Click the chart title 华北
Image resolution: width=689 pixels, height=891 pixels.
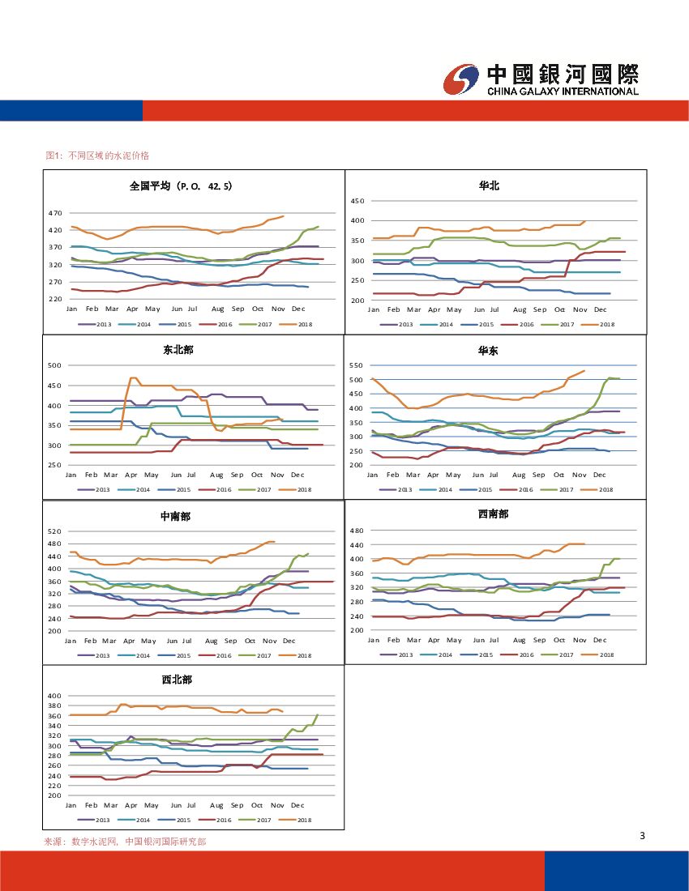(x=489, y=185)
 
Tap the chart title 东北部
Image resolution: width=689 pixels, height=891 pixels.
(x=178, y=350)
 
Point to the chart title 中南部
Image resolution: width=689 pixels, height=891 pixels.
(x=175, y=516)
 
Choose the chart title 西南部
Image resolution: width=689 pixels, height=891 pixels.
(x=494, y=514)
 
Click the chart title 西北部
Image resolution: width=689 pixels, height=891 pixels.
(x=177, y=680)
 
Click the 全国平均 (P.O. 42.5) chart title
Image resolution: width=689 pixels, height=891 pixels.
(x=181, y=185)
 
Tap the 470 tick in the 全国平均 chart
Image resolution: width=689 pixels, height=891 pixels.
(x=54, y=213)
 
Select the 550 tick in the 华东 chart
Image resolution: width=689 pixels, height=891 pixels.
(x=356, y=366)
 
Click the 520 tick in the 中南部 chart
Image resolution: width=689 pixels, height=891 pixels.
(x=54, y=531)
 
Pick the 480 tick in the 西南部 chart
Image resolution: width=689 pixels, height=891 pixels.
(x=356, y=531)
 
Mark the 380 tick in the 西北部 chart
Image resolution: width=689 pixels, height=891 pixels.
(x=54, y=706)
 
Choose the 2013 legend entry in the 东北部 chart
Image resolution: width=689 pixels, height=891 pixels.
(x=98, y=489)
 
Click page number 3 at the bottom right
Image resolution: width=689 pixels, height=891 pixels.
(x=642, y=836)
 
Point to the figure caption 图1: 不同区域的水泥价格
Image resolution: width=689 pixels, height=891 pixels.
(x=97, y=155)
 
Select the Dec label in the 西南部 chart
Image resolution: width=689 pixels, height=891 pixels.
(x=600, y=640)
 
